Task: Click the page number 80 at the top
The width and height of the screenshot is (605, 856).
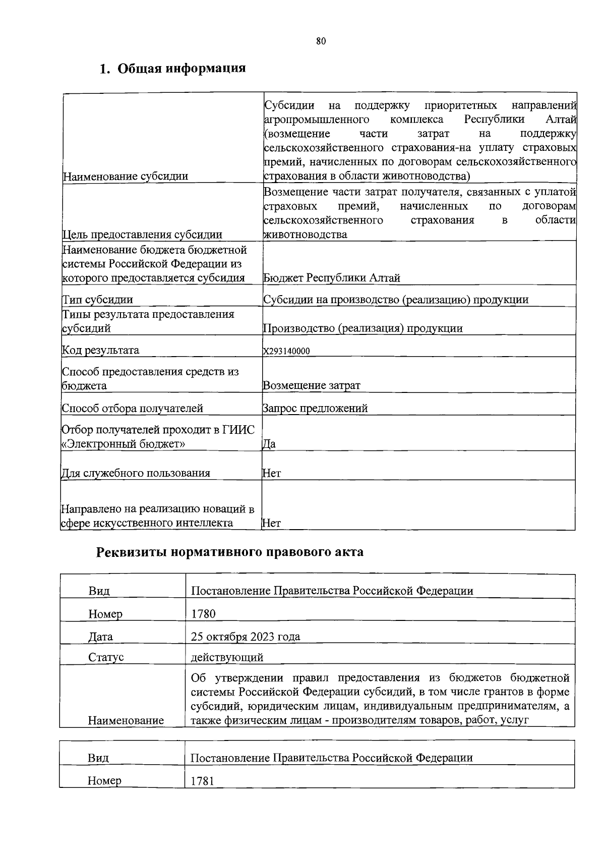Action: tap(321, 42)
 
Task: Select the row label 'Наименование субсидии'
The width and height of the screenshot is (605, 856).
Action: tap(125, 176)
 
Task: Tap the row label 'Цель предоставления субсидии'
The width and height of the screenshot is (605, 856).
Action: tap(142, 235)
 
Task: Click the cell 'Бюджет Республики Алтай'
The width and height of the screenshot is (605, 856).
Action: tap(332, 278)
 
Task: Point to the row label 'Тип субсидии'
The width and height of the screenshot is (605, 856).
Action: tap(97, 300)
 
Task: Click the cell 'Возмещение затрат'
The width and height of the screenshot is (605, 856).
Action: tap(312, 386)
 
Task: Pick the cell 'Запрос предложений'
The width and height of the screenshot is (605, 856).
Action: tap(315, 409)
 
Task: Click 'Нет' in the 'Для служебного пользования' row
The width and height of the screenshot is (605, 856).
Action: tap(271, 473)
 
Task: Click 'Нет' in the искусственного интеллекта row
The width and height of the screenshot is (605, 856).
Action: tap(271, 523)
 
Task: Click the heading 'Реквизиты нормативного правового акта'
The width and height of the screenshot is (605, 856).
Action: tap(229, 552)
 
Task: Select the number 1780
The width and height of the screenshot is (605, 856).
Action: tap(203, 614)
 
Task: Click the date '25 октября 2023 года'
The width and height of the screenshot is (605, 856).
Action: tap(246, 637)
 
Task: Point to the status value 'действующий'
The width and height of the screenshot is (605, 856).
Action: tap(227, 657)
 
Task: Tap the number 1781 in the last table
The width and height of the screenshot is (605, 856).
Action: tap(203, 781)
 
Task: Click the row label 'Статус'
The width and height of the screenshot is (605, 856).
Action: tap(106, 658)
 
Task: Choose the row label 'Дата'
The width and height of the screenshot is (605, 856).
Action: tap(100, 637)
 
